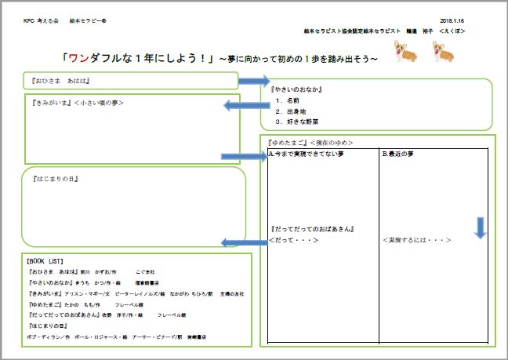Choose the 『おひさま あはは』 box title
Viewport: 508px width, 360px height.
tap(60, 80)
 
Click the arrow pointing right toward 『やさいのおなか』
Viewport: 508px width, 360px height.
tap(254, 81)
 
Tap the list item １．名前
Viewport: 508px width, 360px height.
tap(288, 100)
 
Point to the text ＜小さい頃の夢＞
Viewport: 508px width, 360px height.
tap(99, 103)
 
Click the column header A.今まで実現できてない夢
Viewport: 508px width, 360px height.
tap(307, 154)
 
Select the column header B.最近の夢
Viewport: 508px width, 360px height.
tap(401, 154)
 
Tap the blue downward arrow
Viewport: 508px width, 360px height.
tap(481, 227)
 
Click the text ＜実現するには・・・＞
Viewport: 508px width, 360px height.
tap(417, 239)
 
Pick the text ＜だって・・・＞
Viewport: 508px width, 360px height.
tap(293, 239)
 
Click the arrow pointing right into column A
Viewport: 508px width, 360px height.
tap(245, 156)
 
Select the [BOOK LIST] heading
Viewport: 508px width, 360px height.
tap(45, 260)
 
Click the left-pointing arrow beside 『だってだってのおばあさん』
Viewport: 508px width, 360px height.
tap(244, 242)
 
